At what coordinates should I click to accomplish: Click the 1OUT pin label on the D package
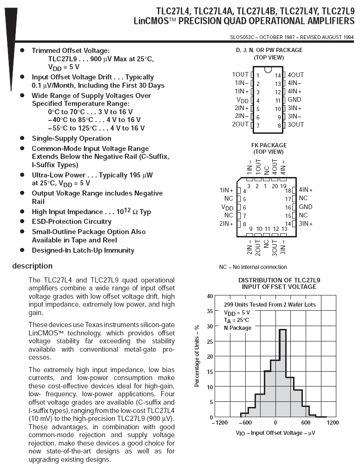pos(240,75)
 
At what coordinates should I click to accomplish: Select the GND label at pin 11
pos(295,99)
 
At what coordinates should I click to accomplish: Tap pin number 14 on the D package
pos(278,75)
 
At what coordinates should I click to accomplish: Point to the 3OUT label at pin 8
pos(295,125)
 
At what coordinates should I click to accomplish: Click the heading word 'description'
pos(33,266)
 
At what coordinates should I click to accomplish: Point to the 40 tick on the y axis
pos(210,296)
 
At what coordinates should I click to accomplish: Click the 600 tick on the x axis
pos(306,423)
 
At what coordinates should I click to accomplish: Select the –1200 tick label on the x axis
pos(220,423)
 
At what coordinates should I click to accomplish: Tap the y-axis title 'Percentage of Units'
pos(197,355)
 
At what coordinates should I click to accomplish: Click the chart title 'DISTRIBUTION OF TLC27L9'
pos(279,280)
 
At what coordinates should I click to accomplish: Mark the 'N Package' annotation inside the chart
pos(237,328)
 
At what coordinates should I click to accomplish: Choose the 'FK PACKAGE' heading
pos(269,145)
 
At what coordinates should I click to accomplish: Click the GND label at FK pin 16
pos(306,207)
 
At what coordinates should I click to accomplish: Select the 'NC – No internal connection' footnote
pos(253,267)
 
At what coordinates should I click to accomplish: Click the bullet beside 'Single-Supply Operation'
pos(22,138)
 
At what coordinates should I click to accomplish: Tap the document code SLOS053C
pos(242,38)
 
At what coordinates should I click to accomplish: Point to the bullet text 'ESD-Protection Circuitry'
pos(72,222)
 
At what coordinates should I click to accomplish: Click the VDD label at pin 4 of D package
pos(242,100)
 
